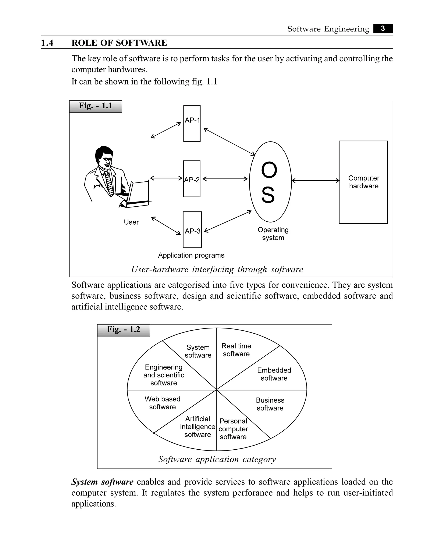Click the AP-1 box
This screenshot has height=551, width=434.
192,124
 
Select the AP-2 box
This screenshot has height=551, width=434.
192,179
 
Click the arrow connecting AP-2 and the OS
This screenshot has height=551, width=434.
225,179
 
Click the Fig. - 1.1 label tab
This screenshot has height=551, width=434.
96,106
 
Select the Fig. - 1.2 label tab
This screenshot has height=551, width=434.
124,330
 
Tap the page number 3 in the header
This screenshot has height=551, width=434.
383,28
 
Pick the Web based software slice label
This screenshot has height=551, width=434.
162,403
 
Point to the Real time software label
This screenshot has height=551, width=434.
236,350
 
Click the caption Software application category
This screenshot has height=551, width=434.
217,459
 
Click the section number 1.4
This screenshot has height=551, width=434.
47,43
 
